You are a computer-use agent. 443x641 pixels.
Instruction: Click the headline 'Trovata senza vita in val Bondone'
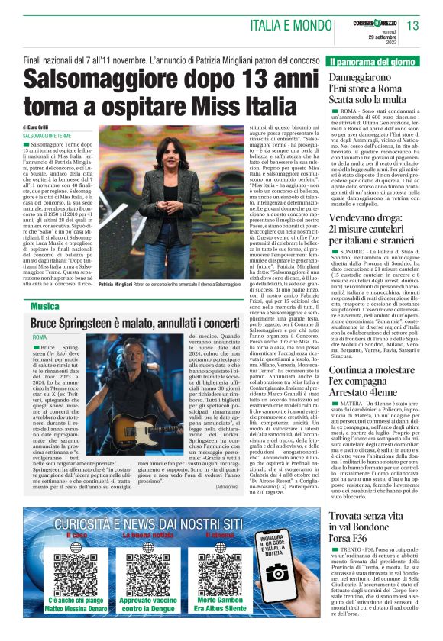374,528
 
